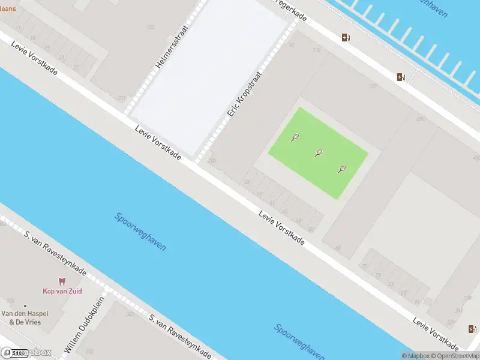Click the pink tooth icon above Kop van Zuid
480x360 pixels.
point(61,281)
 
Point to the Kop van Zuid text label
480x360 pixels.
point(62,291)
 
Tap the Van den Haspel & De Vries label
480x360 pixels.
point(25,318)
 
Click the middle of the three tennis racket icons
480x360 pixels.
point(318,153)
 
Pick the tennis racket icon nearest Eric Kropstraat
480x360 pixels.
point(295,137)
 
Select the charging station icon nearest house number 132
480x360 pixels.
point(400,77)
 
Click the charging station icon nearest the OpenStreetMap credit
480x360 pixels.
point(471,328)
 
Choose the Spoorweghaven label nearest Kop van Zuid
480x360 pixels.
point(140,232)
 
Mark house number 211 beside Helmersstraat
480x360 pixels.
point(122,98)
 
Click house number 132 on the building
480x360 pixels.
point(373,87)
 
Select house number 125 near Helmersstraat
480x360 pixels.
point(150,27)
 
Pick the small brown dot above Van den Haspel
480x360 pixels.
point(25,305)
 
